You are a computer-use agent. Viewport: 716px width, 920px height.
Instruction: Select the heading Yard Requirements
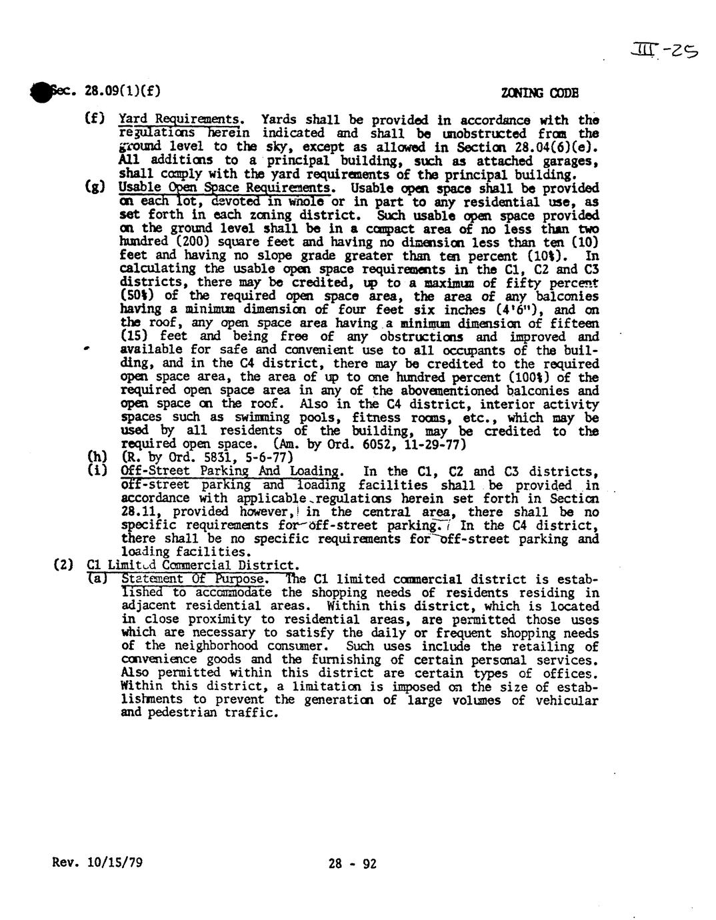(x=179, y=120)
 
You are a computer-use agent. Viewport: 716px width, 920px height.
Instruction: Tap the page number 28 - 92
(x=353, y=864)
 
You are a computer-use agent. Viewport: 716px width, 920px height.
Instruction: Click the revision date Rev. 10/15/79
(x=97, y=863)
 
